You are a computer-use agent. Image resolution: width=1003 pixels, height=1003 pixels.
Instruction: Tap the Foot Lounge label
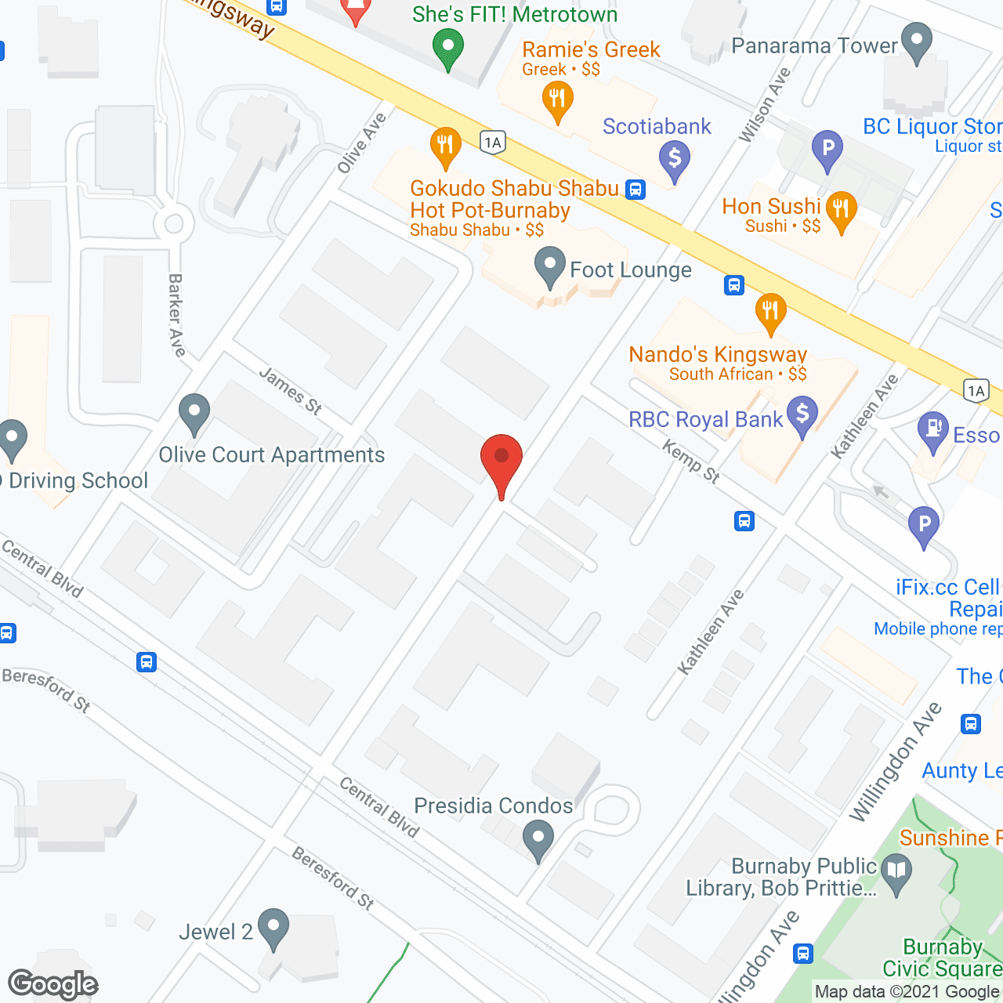[x=631, y=270]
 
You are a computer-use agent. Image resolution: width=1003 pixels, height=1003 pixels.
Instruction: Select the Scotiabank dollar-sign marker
[x=674, y=159]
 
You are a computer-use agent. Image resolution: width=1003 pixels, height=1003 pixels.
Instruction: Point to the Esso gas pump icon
[x=932, y=429]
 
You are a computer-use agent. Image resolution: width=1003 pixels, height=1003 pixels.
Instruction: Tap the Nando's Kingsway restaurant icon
[x=770, y=311]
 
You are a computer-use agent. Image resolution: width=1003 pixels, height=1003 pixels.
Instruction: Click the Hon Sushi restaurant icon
[x=841, y=210]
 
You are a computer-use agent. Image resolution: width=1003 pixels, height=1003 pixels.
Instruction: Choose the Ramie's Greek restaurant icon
[x=557, y=100]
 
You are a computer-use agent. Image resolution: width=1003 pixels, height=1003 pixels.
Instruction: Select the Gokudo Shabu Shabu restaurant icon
[x=445, y=146]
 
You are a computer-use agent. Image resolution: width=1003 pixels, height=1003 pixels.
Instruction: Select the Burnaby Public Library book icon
[x=896, y=871]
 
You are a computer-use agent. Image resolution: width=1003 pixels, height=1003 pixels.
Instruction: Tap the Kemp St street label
[x=691, y=462]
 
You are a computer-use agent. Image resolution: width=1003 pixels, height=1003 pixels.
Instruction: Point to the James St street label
[x=291, y=390]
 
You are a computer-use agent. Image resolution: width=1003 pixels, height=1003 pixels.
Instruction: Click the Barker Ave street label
[x=177, y=315]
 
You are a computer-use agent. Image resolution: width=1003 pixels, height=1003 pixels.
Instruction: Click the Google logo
[x=53, y=984]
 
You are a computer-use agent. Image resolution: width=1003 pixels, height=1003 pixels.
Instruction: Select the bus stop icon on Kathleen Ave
[x=744, y=520]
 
